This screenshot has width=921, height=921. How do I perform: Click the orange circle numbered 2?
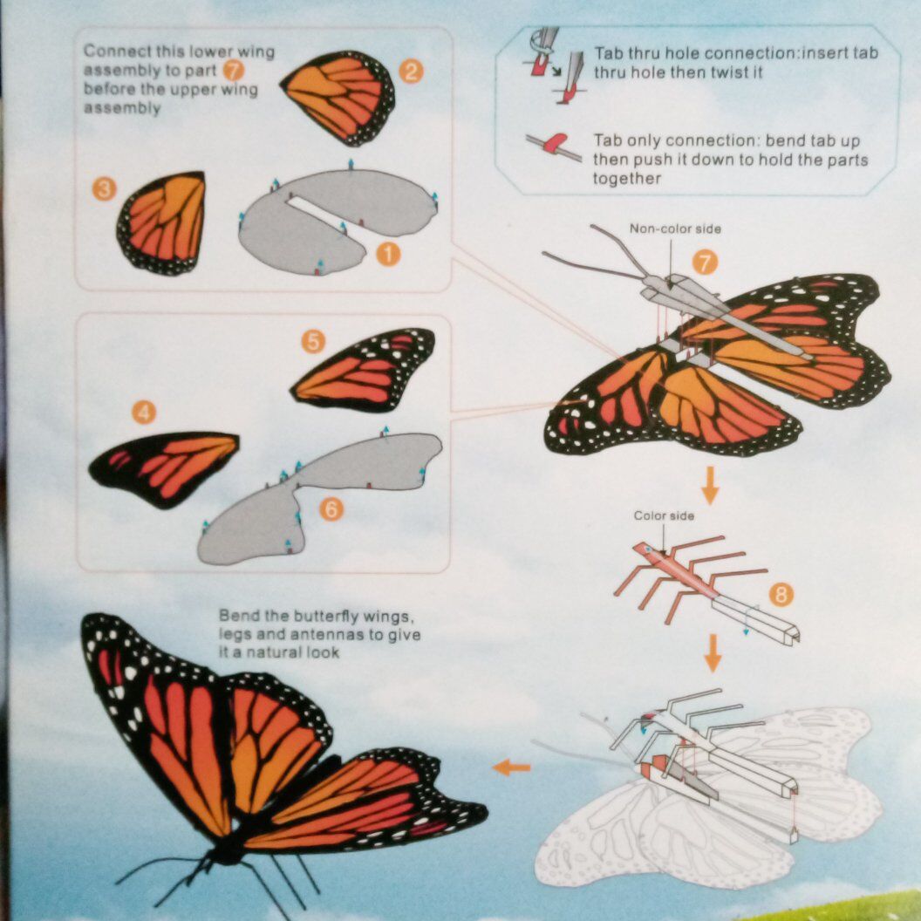click(411, 72)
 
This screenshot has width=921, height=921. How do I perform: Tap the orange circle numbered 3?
click(104, 189)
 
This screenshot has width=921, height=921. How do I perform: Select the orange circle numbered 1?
click(387, 255)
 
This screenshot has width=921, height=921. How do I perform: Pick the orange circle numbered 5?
click(313, 341)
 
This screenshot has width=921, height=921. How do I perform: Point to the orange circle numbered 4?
click(144, 413)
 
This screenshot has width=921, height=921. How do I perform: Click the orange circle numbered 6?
click(331, 509)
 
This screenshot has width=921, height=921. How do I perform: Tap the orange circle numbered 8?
click(781, 595)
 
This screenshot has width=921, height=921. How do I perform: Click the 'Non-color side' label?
click(675, 229)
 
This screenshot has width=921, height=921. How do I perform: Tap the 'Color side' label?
click(664, 515)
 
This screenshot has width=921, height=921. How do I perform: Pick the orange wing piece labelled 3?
click(161, 223)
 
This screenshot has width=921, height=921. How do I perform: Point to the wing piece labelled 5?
click(363, 370)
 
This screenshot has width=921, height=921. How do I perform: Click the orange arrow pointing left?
click(512, 767)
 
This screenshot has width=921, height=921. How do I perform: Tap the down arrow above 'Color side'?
click(710, 485)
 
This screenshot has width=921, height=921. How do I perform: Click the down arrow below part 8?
click(713, 652)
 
